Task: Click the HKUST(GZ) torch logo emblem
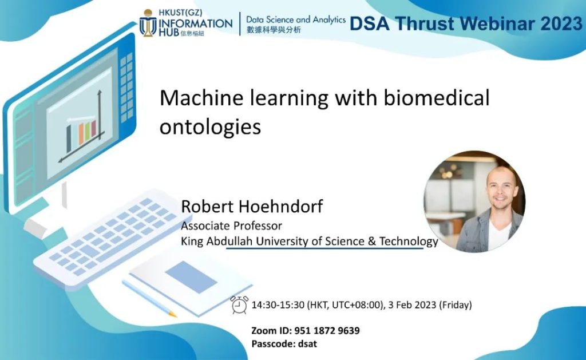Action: (x=148, y=23)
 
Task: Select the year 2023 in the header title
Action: (x=562, y=23)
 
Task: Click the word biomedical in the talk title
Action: (x=437, y=98)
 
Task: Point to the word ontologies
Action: (x=210, y=127)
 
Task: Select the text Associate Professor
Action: (x=231, y=226)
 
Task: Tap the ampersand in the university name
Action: (x=371, y=241)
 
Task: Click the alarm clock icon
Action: (x=239, y=304)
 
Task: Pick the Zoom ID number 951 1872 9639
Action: (x=327, y=330)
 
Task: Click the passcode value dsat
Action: (x=307, y=343)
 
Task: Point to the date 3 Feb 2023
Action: (x=412, y=305)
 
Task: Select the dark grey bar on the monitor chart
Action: (x=69, y=139)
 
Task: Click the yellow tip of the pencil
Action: (x=173, y=314)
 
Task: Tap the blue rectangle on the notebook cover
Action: (x=191, y=277)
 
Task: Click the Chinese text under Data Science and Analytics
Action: (x=274, y=30)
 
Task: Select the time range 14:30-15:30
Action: (x=278, y=305)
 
